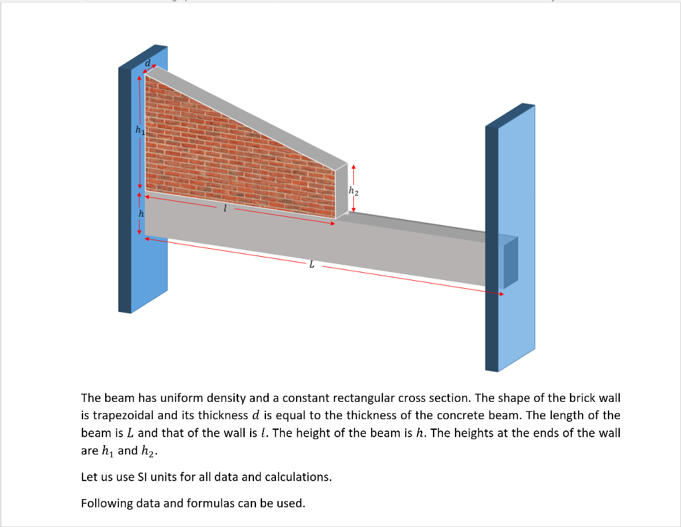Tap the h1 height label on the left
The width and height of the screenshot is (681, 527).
(139, 130)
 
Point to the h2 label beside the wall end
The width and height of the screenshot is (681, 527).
(353, 192)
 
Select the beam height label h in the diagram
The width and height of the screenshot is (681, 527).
(140, 214)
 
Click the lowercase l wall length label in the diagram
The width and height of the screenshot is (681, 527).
(225, 209)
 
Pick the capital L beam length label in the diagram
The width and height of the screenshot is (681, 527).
(311, 265)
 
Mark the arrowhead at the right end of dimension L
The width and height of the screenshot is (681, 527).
(502, 293)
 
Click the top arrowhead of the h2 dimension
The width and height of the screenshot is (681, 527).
(354, 168)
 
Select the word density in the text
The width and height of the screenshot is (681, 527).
(225, 398)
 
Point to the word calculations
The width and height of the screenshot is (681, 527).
(299, 477)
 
